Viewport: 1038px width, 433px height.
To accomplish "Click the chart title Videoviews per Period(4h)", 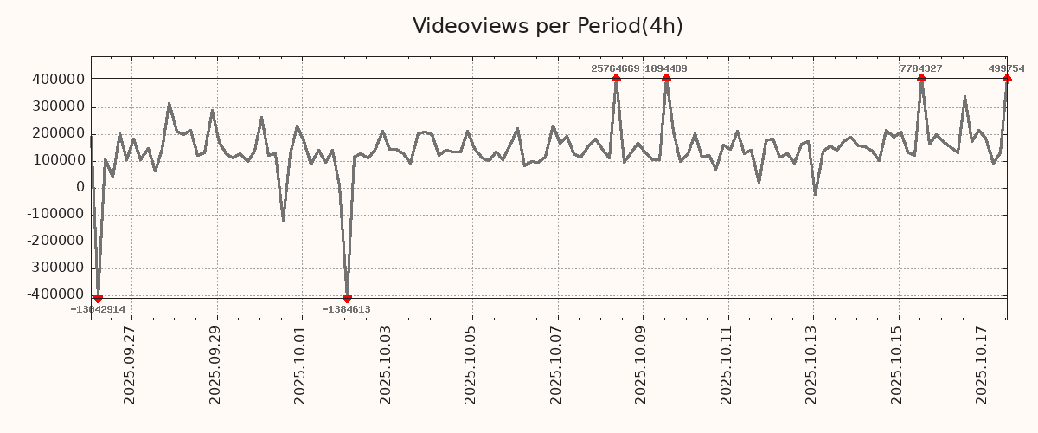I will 548,26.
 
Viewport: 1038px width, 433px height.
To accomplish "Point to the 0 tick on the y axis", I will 80,188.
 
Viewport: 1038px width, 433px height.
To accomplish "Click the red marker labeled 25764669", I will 616,78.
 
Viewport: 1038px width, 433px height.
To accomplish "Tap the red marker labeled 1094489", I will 666,78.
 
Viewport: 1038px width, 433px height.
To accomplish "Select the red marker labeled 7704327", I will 921,78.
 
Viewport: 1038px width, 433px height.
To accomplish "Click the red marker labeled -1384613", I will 347,299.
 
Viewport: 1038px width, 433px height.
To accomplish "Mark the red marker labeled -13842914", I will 98,299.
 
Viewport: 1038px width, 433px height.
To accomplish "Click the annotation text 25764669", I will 615,68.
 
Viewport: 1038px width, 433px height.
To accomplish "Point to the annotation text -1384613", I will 346,309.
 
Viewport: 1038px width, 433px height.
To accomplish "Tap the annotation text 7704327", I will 920,68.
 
